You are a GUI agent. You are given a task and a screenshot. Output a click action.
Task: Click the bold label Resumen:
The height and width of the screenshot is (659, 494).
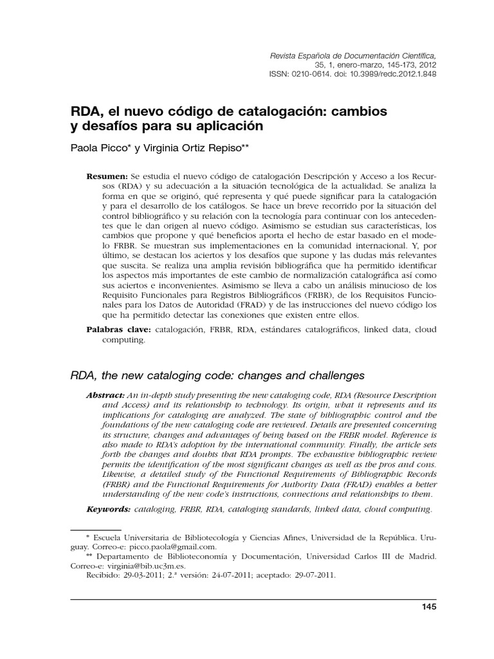tap(107, 176)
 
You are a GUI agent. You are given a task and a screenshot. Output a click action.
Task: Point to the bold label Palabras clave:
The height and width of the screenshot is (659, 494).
tap(118, 329)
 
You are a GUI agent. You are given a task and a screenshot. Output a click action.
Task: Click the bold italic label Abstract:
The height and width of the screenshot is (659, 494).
tap(105, 394)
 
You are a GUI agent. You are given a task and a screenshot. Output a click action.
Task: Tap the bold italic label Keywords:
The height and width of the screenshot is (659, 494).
tap(109, 509)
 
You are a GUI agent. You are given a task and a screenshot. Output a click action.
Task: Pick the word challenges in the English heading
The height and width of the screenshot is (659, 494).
tap(328, 375)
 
